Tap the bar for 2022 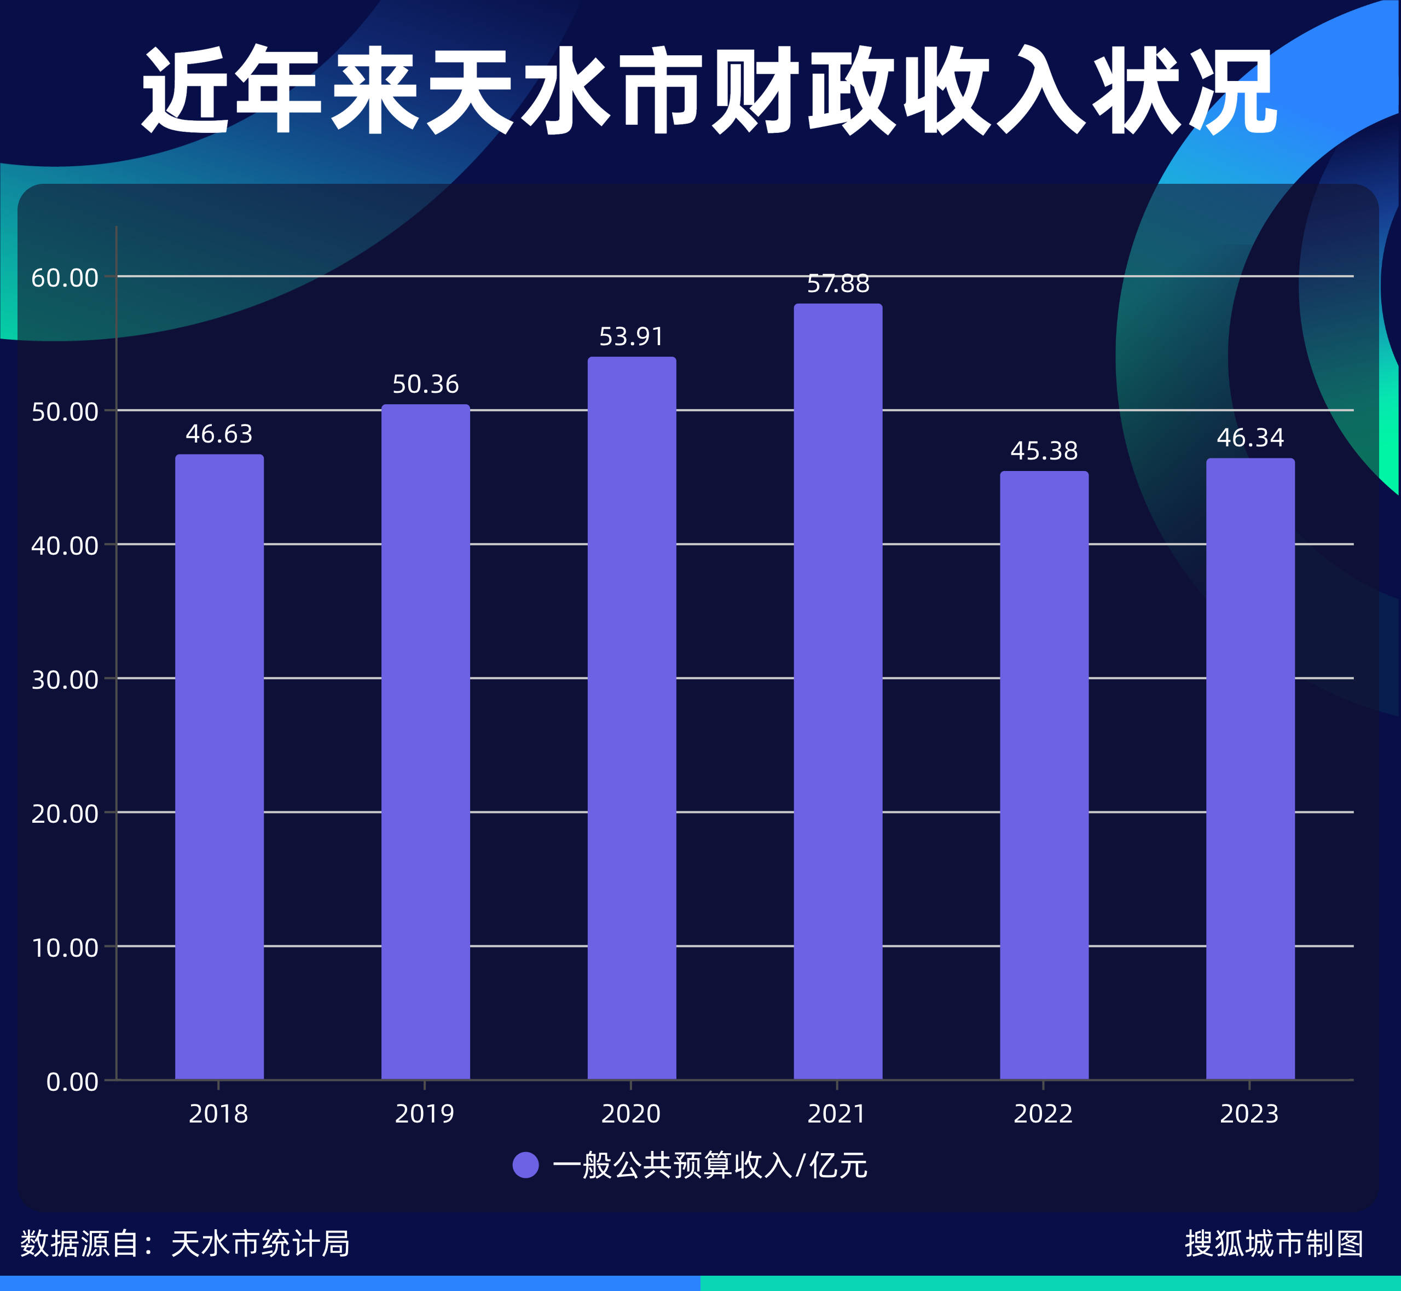1044,776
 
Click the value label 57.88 838,283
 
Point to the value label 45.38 1044,451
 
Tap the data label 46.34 1250,438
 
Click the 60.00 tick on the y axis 64,278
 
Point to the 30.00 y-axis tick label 64,680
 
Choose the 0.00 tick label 72,1082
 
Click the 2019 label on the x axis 424,1114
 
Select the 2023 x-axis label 1249,1114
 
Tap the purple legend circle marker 525,1165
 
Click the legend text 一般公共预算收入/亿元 710,1165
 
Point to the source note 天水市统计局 260,1243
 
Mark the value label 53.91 631,337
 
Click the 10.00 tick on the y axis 64,948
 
